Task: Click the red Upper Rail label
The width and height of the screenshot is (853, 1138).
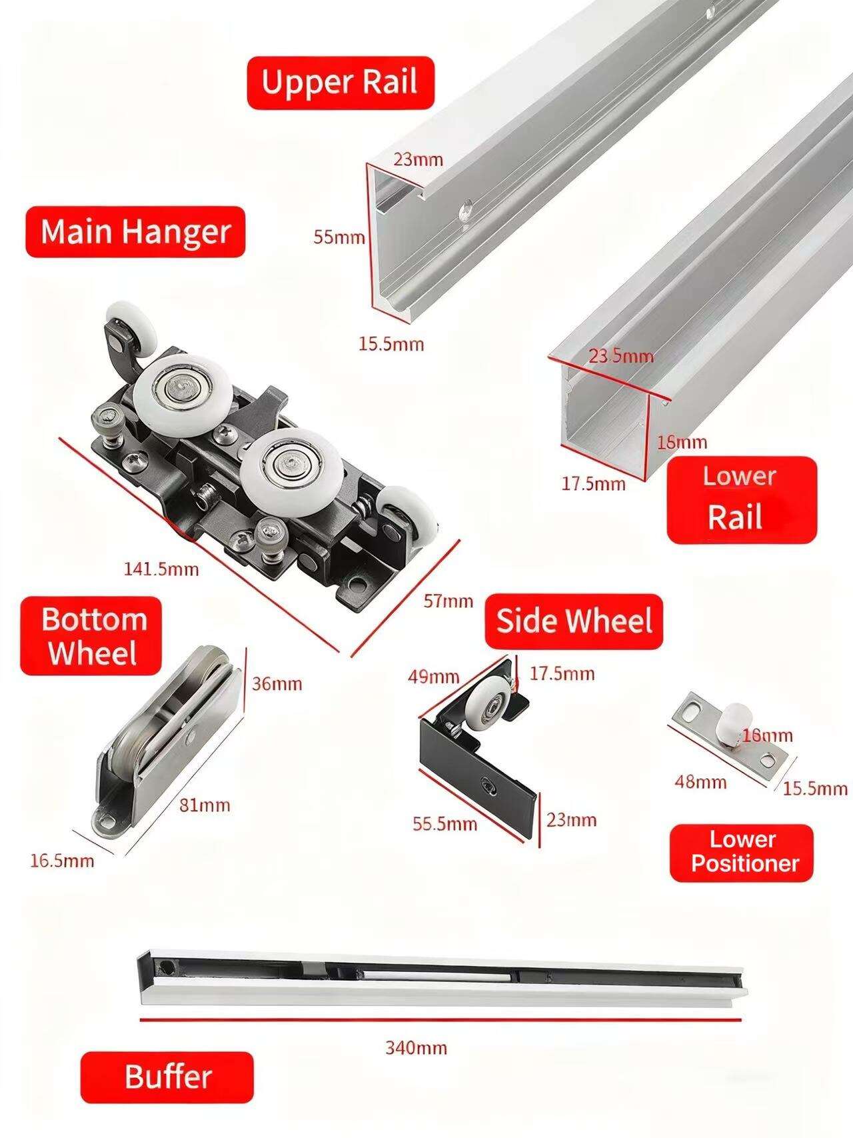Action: point(341,83)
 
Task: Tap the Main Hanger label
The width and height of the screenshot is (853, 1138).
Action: point(135,232)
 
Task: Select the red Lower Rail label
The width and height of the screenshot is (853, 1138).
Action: point(741,499)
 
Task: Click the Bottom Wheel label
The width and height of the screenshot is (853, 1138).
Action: point(91,636)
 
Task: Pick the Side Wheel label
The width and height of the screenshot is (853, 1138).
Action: point(574,621)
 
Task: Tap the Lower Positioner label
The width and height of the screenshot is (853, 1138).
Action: point(742,853)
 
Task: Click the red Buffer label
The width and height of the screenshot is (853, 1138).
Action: point(167,1077)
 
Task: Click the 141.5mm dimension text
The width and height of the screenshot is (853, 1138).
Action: point(161,569)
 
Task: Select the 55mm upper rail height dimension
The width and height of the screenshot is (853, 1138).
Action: point(339,237)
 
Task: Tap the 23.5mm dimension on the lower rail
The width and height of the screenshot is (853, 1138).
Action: point(620,355)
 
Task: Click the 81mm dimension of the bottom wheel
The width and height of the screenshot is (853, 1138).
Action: point(205,805)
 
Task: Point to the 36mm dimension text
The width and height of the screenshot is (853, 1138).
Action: point(277,683)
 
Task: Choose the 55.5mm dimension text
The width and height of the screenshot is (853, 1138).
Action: point(444,824)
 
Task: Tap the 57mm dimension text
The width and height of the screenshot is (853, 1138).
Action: point(448,601)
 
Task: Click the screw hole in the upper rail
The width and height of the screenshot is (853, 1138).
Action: point(464,212)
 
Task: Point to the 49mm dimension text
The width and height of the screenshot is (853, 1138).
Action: point(434,677)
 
